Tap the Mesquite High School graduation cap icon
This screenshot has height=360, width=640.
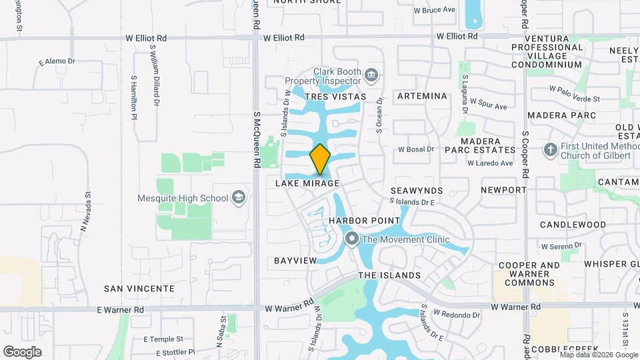coord(239,197)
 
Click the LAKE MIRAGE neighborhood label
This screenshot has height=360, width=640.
coord(307,183)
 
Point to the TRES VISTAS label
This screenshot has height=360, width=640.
coord(335,97)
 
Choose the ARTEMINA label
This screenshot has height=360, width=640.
coord(421,96)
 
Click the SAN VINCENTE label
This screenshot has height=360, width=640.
coord(139,289)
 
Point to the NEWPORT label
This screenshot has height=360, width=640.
coord(503,190)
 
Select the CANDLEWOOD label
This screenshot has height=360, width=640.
coord(572,225)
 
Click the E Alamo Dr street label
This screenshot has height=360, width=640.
coord(57,61)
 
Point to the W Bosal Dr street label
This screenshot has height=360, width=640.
coord(416,149)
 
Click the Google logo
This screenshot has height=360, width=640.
coord(22,352)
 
